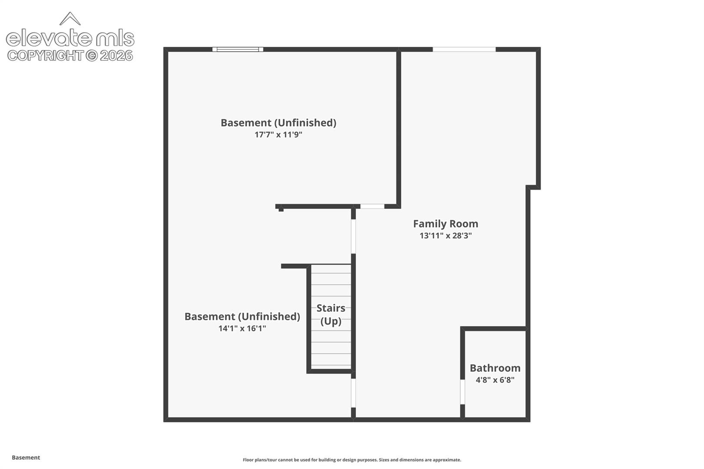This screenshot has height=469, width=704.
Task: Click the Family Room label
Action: click(x=445, y=224)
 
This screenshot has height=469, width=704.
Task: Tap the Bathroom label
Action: click(x=495, y=368)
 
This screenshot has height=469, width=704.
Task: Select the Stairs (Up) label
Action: click(x=331, y=314)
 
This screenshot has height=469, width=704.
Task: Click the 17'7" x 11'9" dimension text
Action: click(x=278, y=135)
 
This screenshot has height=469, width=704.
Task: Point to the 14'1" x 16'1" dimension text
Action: click(x=242, y=328)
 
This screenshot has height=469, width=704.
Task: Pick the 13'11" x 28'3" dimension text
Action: click(x=445, y=236)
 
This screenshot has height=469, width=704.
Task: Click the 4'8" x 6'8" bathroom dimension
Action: click(x=495, y=380)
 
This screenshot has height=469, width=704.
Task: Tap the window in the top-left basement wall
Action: click(x=238, y=50)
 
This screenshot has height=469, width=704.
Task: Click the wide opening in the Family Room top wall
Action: click(x=464, y=50)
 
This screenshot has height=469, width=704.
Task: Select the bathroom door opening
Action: click(x=462, y=392)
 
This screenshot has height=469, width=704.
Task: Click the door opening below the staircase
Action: click(x=353, y=393)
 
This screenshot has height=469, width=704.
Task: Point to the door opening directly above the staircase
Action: click(x=353, y=236)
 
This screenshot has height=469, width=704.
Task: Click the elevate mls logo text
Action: click(x=70, y=38)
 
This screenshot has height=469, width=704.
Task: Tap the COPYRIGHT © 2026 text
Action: click(x=70, y=56)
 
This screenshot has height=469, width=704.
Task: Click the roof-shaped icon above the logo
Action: click(x=70, y=19)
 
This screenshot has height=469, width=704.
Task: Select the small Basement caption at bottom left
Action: click(x=26, y=457)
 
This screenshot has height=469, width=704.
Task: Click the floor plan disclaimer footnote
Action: click(x=352, y=459)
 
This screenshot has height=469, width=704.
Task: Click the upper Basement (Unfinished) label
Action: click(x=278, y=122)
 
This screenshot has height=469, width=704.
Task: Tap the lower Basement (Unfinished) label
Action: click(x=242, y=316)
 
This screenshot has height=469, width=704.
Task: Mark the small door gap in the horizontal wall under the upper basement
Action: click(x=372, y=206)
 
